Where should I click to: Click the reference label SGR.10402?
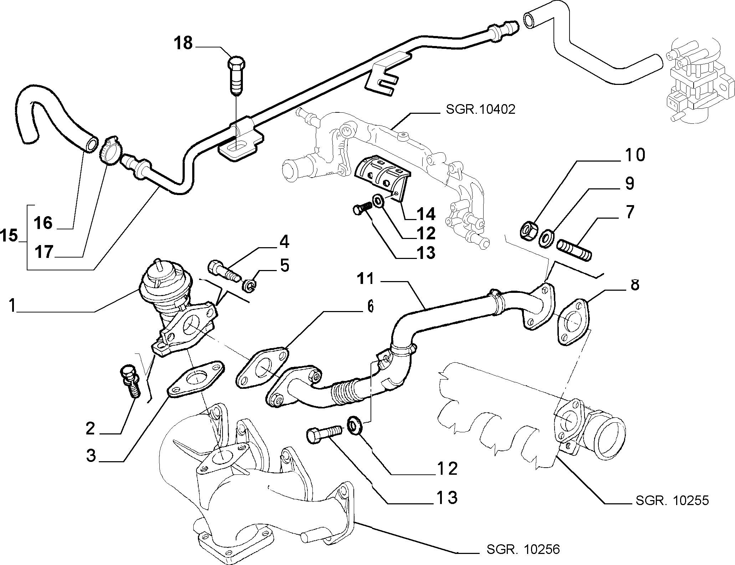click(480, 110)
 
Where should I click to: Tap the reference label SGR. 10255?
click(672, 500)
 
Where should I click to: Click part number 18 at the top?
click(183, 43)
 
